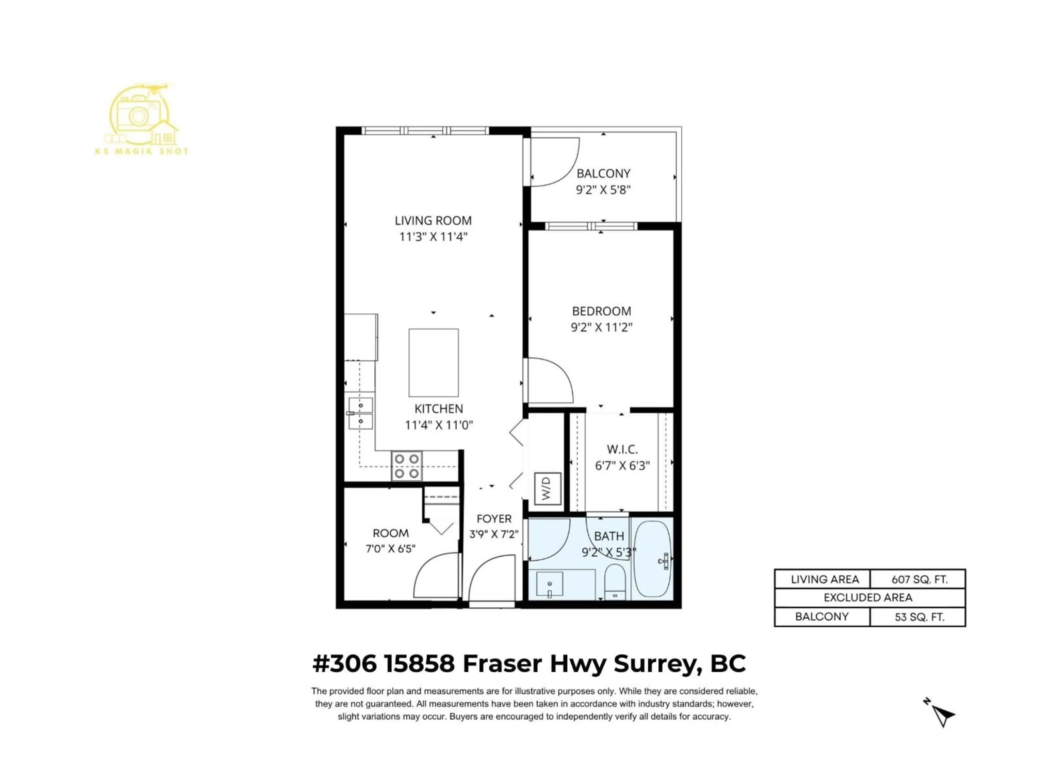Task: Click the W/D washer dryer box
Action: (x=547, y=488)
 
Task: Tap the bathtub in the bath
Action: (x=652, y=559)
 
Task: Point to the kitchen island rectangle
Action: (x=433, y=362)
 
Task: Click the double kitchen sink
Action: (x=360, y=413)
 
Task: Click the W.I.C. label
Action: (x=622, y=449)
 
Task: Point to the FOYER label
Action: (x=494, y=519)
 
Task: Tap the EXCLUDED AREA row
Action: (x=868, y=598)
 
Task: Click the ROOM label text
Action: (x=390, y=533)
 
